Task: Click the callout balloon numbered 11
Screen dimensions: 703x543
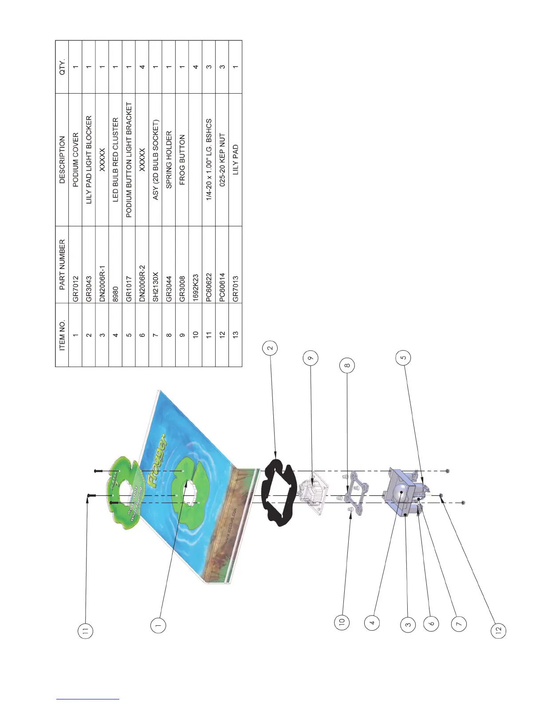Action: (x=86, y=630)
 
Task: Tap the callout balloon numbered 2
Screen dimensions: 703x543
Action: (x=270, y=348)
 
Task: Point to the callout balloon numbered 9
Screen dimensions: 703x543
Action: (x=310, y=358)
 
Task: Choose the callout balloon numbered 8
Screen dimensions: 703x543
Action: (x=347, y=366)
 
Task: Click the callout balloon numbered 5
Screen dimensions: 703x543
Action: (x=403, y=357)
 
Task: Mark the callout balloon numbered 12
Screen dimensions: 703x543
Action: (x=498, y=630)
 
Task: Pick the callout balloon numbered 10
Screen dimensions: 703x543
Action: (x=342, y=622)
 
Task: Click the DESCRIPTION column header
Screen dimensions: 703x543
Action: (x=62, y=160)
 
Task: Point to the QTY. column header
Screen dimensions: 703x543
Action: (x=62, y=67)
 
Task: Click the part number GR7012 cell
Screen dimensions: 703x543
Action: (x=75, y=289)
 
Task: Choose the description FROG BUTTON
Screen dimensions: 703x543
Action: (x=182, y=160)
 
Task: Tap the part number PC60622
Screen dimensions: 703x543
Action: (x=209, y=286)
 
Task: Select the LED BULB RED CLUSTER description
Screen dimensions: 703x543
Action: (x=115, y=160)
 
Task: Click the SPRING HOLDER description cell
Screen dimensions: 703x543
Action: (x=169, y=160)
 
